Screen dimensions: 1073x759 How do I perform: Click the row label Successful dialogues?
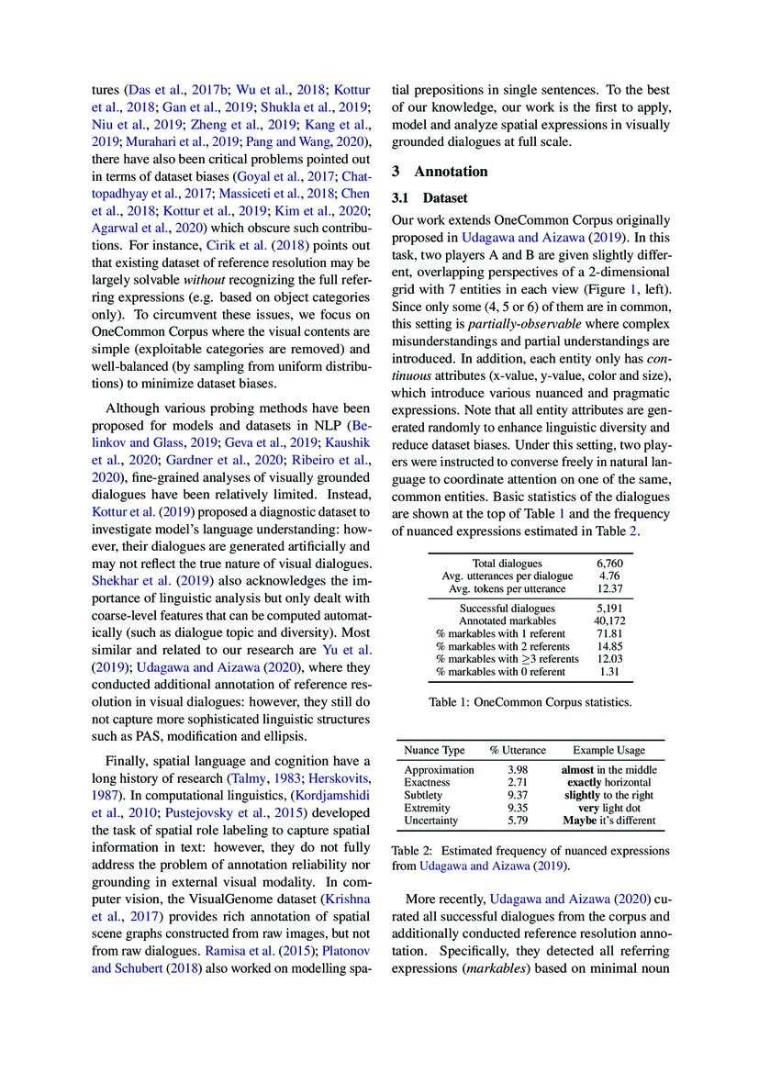[507, 608]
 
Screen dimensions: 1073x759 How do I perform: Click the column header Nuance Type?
[435, 750]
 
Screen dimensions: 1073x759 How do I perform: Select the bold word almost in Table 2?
[578, 768]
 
